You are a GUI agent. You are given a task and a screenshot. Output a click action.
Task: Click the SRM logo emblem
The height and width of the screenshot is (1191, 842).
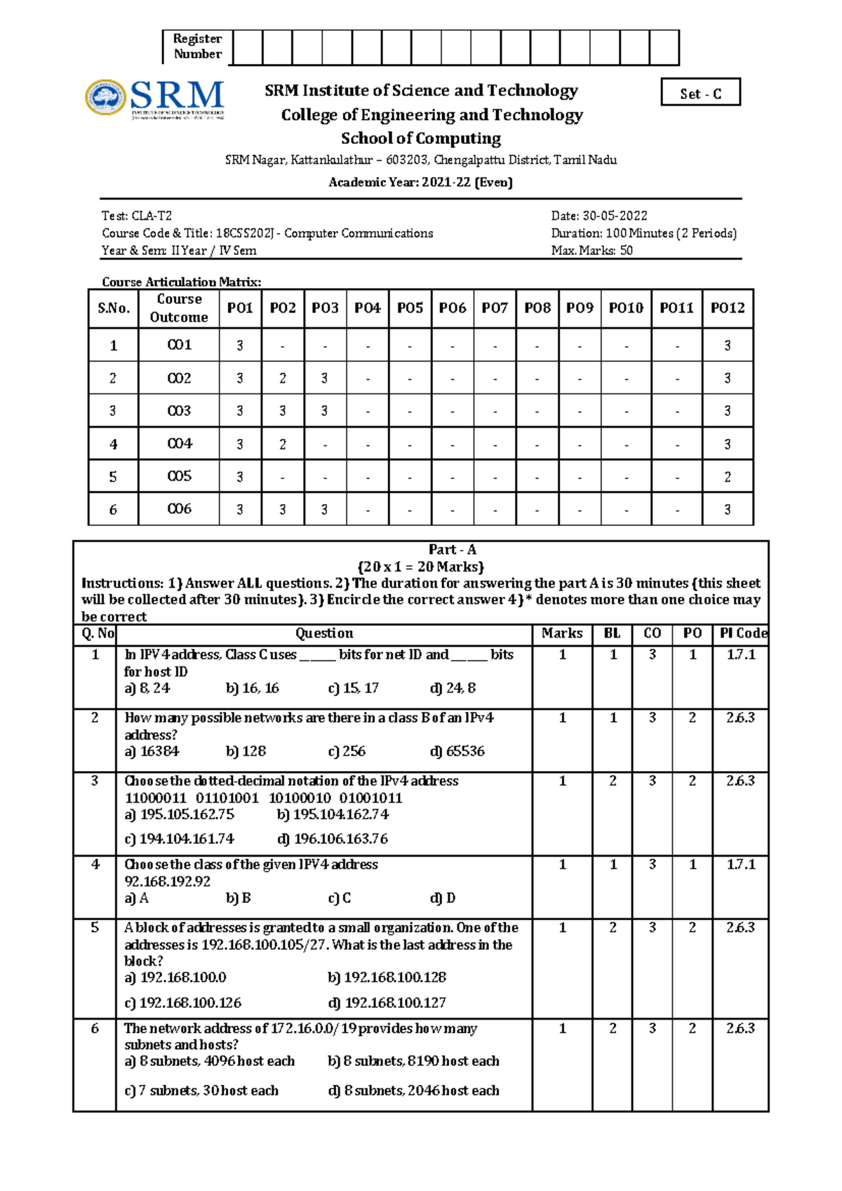tap(106, 97)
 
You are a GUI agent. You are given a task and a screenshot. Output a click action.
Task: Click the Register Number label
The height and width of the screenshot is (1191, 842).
tap(197, 46)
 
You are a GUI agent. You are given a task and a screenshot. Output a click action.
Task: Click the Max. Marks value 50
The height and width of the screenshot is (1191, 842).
tap(626, 251)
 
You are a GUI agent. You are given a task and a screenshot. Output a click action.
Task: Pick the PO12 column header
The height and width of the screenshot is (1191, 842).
tap(727, 308)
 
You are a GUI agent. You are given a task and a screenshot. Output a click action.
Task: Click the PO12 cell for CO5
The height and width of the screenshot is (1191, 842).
tap(727, 477)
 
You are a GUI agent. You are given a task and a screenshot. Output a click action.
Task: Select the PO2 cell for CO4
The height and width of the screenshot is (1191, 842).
tap(283, 444)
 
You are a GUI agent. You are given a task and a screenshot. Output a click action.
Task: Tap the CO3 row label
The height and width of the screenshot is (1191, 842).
tap(179, 411)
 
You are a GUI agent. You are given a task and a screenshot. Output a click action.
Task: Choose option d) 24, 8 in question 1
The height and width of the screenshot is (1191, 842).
tap(453, 688)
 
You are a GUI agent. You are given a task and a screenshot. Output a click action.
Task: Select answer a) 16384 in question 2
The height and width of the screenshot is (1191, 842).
tap(152, 751)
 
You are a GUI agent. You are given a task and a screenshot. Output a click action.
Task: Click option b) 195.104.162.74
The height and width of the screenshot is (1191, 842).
tap(333, 815)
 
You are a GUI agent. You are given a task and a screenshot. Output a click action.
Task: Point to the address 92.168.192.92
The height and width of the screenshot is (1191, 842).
tap(167, 881)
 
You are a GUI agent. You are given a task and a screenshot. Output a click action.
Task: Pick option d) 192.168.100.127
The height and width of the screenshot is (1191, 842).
tap(387, 1003)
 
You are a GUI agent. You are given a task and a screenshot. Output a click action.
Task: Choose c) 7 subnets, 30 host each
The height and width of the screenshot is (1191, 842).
tap(201, 1091)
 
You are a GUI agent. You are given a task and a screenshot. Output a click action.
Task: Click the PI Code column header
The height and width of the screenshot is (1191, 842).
tap(742, 633)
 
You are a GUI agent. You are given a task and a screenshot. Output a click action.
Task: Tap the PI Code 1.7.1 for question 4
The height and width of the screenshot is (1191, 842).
tap(741, 864)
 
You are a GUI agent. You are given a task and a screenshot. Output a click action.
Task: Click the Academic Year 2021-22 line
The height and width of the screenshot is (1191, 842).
tap(420, 183)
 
